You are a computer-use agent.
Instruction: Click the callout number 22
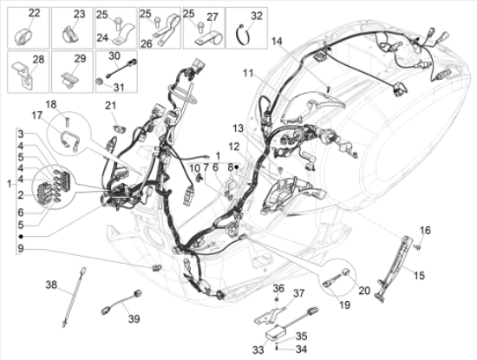(34, 13)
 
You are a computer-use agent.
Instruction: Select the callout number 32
(257, 16)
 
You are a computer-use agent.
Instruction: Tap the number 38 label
(51, 285)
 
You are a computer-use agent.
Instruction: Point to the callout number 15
(419, 275)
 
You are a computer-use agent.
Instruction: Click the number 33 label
(258, 350)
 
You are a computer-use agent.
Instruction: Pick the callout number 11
(248, 74)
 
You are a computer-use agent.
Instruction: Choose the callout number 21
(111, 106)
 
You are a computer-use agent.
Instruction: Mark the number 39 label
(134, 318)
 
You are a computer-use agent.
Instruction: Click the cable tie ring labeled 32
(244, 35)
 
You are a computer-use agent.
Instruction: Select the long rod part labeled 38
(74, 297)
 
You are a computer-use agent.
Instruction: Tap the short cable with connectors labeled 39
(121, 302)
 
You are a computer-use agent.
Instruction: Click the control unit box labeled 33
(275, 331)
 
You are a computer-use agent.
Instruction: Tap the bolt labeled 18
(68, 121)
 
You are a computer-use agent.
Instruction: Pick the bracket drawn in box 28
(23, 75)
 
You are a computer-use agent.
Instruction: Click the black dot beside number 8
(236, 167)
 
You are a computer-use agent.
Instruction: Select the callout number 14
(278, 41)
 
